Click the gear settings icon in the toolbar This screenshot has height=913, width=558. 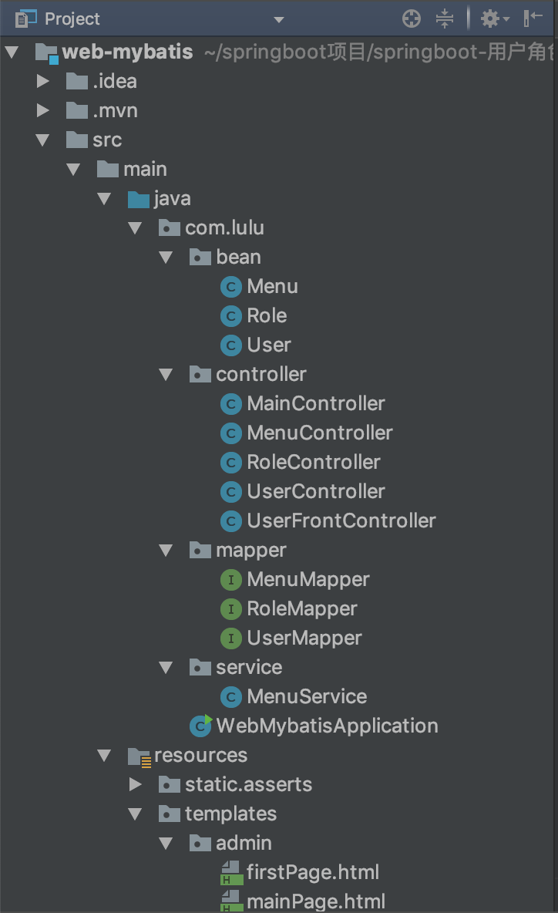(490, 19)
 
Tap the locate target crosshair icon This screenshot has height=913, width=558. (412, 19)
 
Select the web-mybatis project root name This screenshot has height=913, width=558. (127, 52)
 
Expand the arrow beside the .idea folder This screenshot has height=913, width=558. (43, 81)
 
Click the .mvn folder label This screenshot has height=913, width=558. (115, 110)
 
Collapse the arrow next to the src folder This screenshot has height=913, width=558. (43, 140)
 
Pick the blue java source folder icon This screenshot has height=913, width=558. (139, 199)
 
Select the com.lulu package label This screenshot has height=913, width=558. (224, 227)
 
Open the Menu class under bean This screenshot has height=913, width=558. (272, 286)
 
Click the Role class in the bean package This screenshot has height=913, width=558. (267, 315)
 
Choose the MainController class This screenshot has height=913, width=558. (315, 403)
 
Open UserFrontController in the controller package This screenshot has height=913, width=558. (341, 521)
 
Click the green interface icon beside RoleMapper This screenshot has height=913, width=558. (230, 608)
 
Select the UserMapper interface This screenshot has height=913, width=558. (304, 638)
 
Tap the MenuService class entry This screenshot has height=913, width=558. (306, 696)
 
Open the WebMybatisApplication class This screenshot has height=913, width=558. (327, 726)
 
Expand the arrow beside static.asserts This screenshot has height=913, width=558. (136, 784)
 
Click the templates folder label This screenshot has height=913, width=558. (230, 814)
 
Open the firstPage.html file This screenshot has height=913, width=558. (312, 872)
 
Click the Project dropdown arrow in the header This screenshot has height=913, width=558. (279, 19)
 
